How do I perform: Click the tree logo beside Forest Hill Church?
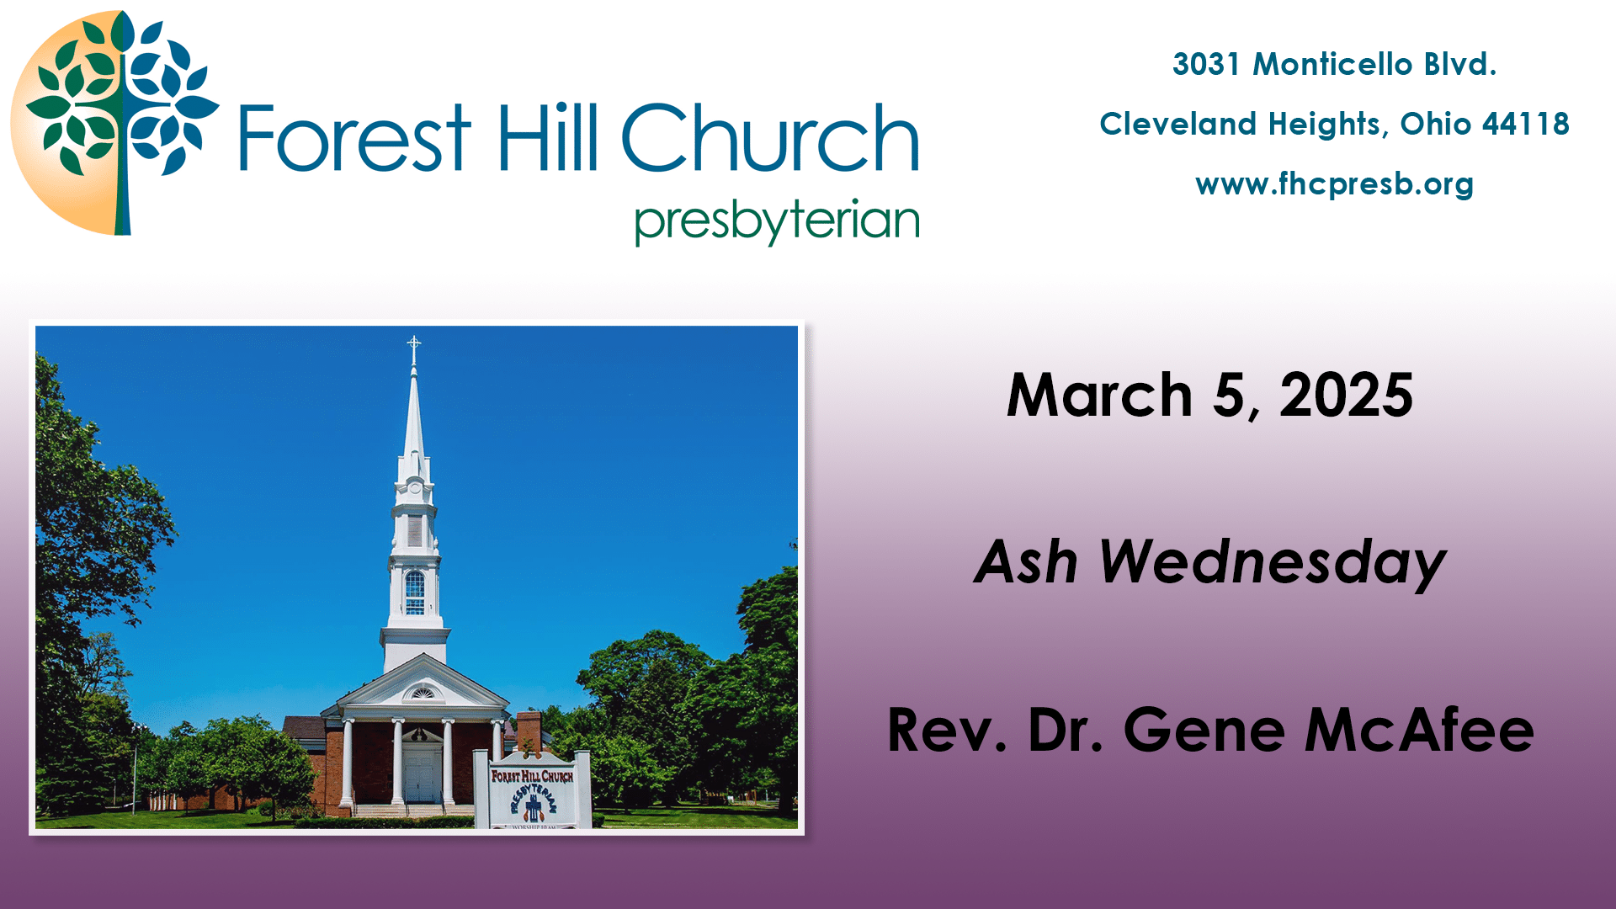[115, 122]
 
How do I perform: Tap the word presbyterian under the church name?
[776, 221]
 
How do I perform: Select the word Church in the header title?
[769, 139]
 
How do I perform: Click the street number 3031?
[1206, 64]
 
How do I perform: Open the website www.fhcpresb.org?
[1334, 184]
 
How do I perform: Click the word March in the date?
[1099, 395]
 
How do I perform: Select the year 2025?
[1346, 395]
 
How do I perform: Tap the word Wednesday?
[1272, 562]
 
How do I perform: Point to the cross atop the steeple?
[413, 344]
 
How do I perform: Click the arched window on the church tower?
[415, 592]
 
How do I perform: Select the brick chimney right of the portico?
[529, 731]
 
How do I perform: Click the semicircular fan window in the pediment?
[422, 694]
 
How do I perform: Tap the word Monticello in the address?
[1332, 64]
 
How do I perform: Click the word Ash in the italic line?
[1026, 562]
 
